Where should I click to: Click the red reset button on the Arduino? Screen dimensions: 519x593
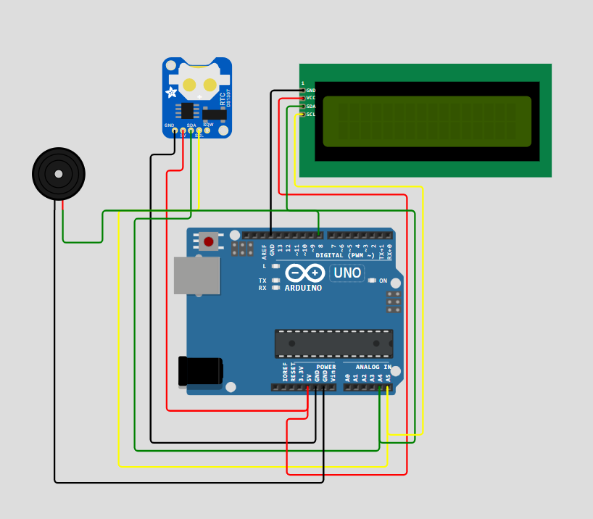(x=209, y=241)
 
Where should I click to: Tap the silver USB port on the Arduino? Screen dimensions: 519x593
(x=196, y=275)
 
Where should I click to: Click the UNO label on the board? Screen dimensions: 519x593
(x=347, y=273)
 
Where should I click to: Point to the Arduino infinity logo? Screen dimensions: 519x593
(x=304, y=273)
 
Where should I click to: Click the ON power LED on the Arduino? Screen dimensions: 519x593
(x=372, y=281)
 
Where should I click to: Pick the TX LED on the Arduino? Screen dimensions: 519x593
(x=275, y=281)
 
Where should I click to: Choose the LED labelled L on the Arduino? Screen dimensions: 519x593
(x=275, y=266)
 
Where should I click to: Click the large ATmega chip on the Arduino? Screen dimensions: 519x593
(x=333, y=344)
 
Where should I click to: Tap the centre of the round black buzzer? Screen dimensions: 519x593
(x=59, y=174)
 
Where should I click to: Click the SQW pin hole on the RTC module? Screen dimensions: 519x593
(x=207, y=130)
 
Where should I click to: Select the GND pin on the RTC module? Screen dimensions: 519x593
(x=175, y=130)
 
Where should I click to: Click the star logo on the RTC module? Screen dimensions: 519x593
(x=172, y=93)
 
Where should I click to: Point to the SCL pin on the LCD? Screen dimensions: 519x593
(x=302, y=115)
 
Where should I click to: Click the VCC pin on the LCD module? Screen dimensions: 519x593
(x=302, y=98)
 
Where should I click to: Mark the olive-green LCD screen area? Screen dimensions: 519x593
(x=427, y=122)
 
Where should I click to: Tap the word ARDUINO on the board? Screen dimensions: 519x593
(x=303, y=288)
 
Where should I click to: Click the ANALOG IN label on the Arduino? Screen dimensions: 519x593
(x=373, y=368)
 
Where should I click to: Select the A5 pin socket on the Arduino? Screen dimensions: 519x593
(x=388, y=387)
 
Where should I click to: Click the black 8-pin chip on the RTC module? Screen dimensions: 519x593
(x=187, y=110)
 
